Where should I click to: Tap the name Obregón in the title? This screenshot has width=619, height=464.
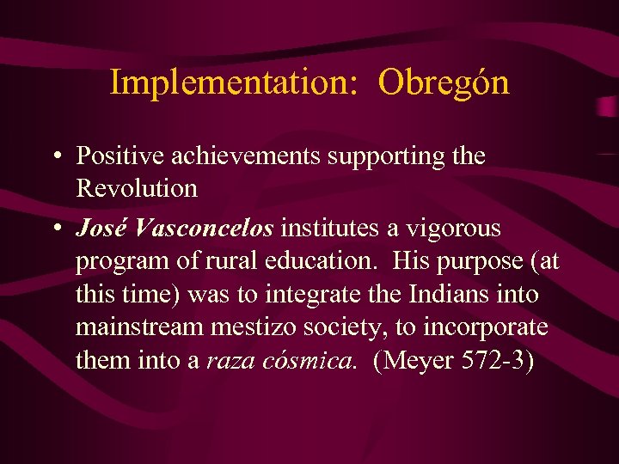click(444, 82)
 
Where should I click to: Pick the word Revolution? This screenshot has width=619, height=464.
click(137, 188)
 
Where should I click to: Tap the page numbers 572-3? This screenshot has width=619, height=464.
click(495, 360)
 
